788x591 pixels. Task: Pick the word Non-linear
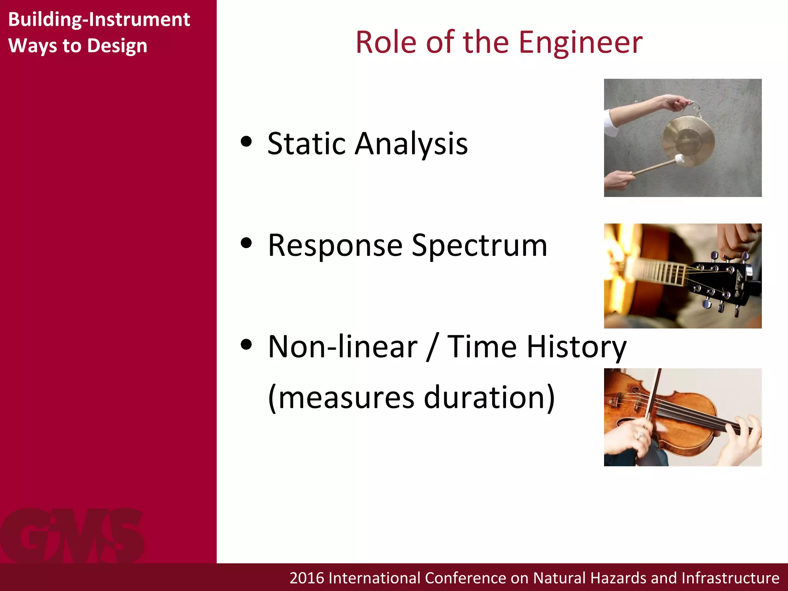[342, 347]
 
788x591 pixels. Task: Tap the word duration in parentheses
[489, 397]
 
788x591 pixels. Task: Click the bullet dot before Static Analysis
[246, 141]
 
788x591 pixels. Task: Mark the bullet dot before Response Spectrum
[246, 243]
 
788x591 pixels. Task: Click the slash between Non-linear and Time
[432, 347]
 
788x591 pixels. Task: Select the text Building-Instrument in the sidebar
[99, 19]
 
